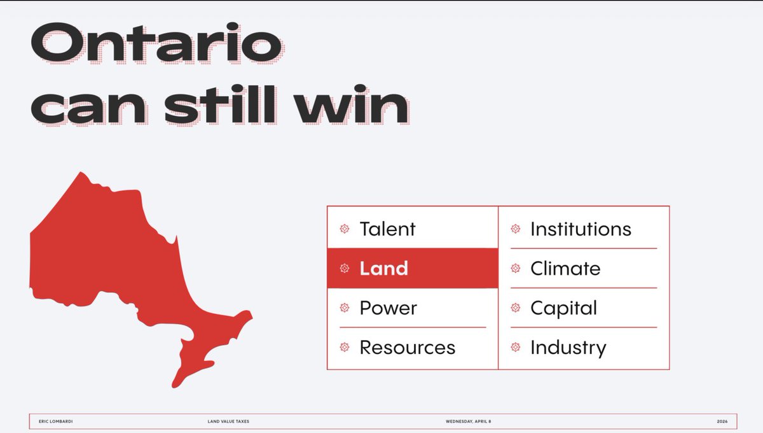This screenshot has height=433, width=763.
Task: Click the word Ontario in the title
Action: [x=156, y=46]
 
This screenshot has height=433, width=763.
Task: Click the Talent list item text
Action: [x=387, y=229]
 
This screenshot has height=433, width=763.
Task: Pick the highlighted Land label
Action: [x=383, y=268]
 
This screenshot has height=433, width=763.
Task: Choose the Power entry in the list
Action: [x=388, y=308]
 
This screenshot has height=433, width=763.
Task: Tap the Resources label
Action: [x=407, y=347]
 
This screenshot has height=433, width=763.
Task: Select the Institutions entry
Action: [x=581, y=229]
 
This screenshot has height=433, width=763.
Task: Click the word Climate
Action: [x=565, y=268]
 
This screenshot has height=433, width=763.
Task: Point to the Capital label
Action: [x=563, y=308]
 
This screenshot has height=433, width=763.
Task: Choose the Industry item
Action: [x=568, y=348]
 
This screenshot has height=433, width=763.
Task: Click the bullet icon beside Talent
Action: [x=345, y=229]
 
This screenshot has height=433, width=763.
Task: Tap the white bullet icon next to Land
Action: [x=345, y=268]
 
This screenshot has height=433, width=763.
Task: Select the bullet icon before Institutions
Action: [x=516, y=229]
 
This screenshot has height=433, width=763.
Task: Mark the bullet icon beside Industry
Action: [x=516, y=347]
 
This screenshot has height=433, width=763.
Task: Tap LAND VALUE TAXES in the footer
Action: [x=228, y=422]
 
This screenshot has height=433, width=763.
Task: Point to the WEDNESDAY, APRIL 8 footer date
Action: [x=469, y=422]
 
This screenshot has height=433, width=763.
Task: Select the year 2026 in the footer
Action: [x=722, y=422]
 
